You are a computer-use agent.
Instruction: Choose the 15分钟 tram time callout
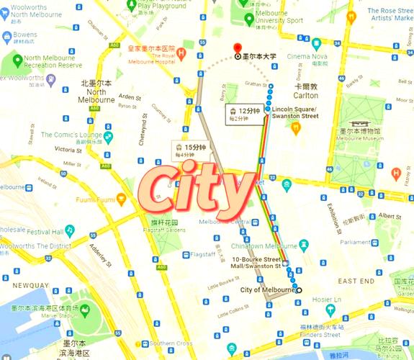pos(189,149)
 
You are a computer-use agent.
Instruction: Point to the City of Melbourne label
pos(266,290)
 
